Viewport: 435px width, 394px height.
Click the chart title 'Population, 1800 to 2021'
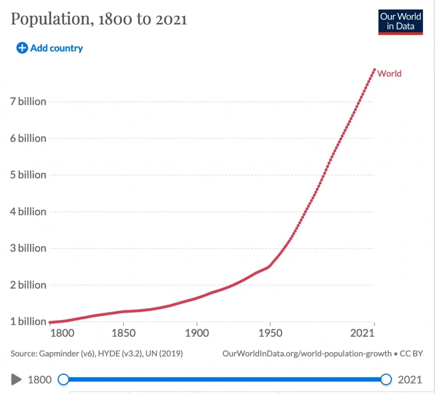click(99, 19)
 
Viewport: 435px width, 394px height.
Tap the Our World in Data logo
click(401, 21)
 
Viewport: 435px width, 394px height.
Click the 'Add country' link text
click(56, 48)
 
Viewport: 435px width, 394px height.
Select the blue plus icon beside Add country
click(22, 48)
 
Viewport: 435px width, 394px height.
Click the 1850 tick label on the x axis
click(123, 333)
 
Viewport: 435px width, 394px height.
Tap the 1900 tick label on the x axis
click(197, 333)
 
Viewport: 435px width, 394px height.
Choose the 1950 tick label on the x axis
click(270, 333)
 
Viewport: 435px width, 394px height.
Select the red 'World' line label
click(389, 73)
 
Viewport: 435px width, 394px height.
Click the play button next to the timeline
click(16, 379)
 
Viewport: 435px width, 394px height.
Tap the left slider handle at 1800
click(63, 379)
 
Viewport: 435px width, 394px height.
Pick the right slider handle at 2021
click(386, 379)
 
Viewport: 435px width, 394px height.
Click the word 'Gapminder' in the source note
click(59, 353)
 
